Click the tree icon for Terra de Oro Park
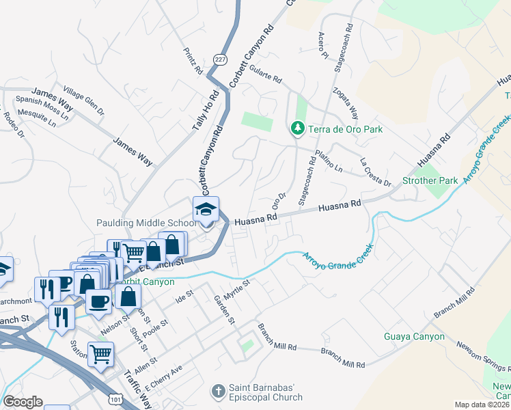point(296,128)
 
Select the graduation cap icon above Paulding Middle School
point(205,210)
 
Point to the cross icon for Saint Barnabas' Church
point(218,391)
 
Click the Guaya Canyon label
point(414,337)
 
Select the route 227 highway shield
point(219,59)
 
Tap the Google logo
point(23,402)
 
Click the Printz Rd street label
point(193,61)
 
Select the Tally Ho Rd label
point(204,109)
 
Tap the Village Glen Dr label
point(83,100)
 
